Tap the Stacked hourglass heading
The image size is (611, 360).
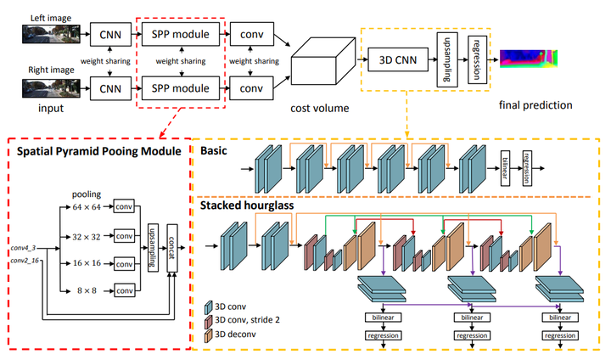[247, 204]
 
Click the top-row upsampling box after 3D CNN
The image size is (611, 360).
[443, 60]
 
